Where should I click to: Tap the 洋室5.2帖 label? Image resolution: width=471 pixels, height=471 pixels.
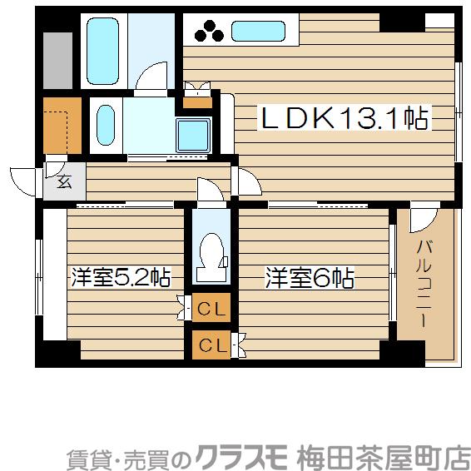[x=121, y=277]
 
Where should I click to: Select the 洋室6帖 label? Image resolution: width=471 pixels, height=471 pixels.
[x=310, y=277]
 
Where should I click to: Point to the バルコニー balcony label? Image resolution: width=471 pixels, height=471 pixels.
[x=424, y=283]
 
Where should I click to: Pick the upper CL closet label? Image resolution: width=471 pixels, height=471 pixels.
[x=211, y=309]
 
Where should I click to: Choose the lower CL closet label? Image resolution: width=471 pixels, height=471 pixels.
[x=211, y=342]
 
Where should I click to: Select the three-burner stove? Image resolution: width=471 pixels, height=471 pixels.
[x=209, y=32]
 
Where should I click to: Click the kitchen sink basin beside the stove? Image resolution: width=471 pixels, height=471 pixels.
[x=259, y=32]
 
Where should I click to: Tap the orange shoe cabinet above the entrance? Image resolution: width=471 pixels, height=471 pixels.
[x=62, y=126]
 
